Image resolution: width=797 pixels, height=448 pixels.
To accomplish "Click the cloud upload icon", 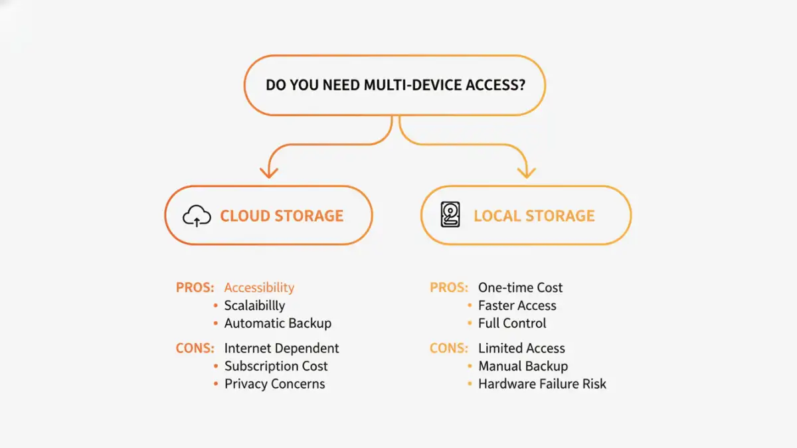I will point(197,216).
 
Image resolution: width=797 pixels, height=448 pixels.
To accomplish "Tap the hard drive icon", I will point(450,216).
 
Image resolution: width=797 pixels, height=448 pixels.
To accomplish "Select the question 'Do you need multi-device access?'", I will point(395,86).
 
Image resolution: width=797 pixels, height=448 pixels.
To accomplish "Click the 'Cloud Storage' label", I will point(282,216).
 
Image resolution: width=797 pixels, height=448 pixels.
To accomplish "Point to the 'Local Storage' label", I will point(534,216).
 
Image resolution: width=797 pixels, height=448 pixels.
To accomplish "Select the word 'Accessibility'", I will point(259,287).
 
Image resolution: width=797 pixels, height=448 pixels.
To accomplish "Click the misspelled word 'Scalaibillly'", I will point(254,305).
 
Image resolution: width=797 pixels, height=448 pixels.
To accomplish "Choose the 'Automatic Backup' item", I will point(278,323).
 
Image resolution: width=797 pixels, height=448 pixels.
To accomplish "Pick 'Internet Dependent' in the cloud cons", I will point(282,348).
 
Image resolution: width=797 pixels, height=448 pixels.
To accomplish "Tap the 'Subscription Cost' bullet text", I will point(276,366).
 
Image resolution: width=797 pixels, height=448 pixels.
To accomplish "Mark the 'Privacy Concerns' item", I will point(274,384).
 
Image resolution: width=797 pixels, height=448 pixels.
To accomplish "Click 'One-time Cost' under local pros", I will point(520,287).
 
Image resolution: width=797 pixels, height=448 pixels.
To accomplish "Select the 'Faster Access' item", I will point(517,305).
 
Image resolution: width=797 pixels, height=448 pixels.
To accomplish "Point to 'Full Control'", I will point(512,323).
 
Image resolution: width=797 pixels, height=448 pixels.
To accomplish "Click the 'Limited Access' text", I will point(521,348).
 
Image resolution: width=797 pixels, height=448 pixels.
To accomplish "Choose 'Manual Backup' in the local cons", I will point(523,366).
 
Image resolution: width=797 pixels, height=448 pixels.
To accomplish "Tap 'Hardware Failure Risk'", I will point(542,384).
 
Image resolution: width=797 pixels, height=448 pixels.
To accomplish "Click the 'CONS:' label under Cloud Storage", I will point(195,348).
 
